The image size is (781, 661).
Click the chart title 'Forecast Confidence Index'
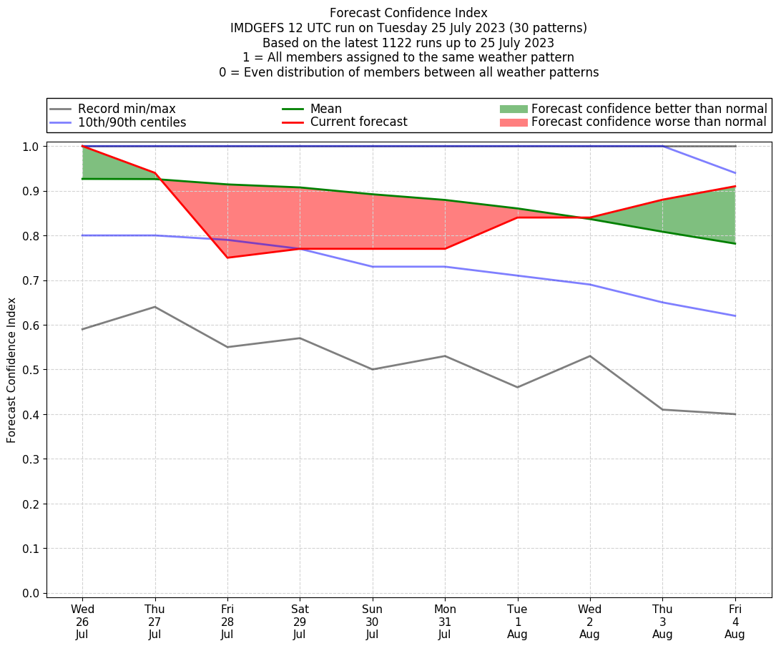[408, 13]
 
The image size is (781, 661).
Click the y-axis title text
[11, 370]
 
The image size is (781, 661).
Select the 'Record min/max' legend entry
[127, 109]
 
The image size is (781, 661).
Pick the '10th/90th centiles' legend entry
[132, 122]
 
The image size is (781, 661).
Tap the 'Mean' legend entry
[325, 109]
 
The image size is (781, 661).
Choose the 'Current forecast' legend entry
[358, 122]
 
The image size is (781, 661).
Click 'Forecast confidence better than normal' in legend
[649, 109]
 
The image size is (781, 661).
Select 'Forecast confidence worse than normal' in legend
[649, 122]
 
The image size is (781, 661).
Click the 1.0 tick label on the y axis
[31, 147]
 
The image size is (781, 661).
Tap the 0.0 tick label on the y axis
[31, 593]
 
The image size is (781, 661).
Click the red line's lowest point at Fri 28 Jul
[227, 258]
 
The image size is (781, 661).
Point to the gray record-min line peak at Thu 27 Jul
[155, 307]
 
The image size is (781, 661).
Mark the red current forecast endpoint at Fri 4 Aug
[735, 187]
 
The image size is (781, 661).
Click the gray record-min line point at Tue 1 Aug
[517, 387]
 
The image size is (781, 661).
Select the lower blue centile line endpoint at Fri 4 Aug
[735, 316]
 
